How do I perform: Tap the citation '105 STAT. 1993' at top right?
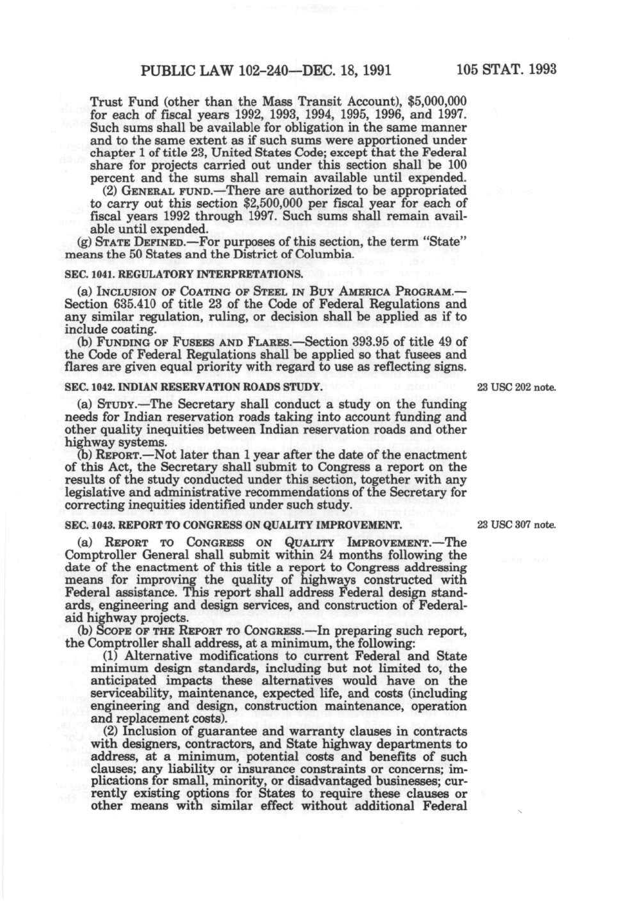point(506,70)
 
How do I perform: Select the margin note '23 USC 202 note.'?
point(515,388)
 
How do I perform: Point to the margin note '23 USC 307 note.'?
point(515,525)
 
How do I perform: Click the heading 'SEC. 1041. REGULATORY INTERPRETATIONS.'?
point(184,274)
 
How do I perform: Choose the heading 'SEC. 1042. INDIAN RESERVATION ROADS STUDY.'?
point(193,387)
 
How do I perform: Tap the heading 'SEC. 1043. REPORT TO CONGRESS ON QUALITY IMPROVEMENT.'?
point(233,525)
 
